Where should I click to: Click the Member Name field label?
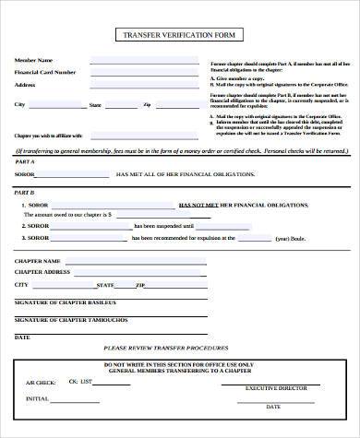(x=32, y=61)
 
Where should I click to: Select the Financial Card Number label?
(x=44, y=72)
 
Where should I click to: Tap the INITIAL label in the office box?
(x=37, y=398)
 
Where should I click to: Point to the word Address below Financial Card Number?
(x=25, y=84)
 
